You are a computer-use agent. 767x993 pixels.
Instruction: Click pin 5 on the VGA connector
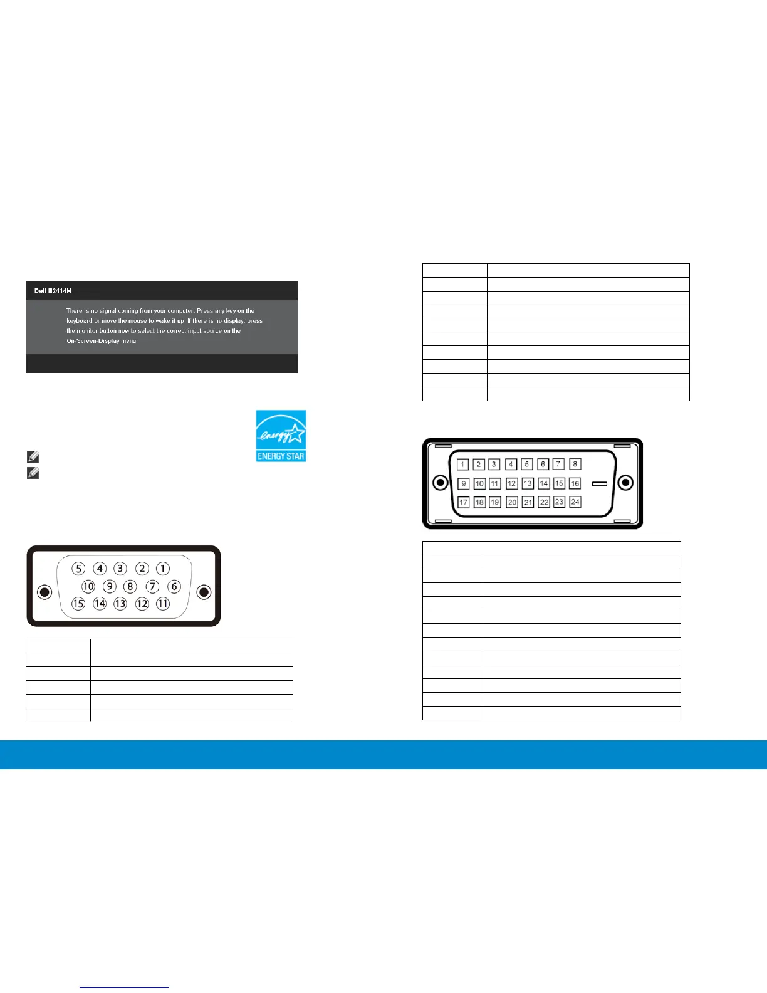(78, 569)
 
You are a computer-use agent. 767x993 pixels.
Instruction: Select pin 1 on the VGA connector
(163, 569)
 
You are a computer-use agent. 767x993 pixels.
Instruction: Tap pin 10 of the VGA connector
(88, 587)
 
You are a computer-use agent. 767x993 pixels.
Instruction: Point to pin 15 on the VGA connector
(78, 604)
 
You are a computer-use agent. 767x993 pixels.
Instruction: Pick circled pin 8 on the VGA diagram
(130, 587)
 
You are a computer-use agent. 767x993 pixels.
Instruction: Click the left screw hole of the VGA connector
(44, 592)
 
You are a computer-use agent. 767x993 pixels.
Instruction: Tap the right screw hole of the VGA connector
(203, 592)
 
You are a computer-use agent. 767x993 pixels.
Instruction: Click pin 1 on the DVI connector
(463, 465)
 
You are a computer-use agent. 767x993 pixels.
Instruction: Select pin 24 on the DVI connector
(575, 502)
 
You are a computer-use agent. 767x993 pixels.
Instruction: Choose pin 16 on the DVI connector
(575, 483)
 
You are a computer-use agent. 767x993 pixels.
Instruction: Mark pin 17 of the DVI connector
(464, 502)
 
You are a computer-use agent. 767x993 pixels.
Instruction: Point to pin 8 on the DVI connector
(575, 464)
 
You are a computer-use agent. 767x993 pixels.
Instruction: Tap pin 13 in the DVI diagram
(528, 483)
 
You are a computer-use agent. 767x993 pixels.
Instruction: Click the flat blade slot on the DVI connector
(600, 484)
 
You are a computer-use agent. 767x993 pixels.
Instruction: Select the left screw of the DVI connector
(441, 483)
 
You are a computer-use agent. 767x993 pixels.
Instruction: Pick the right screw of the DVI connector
(625, 483)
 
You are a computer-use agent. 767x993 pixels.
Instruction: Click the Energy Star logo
(281, 436)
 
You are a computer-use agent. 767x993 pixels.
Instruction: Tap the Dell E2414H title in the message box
(53, 291)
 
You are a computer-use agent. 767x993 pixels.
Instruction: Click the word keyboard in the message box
(79, 321)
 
